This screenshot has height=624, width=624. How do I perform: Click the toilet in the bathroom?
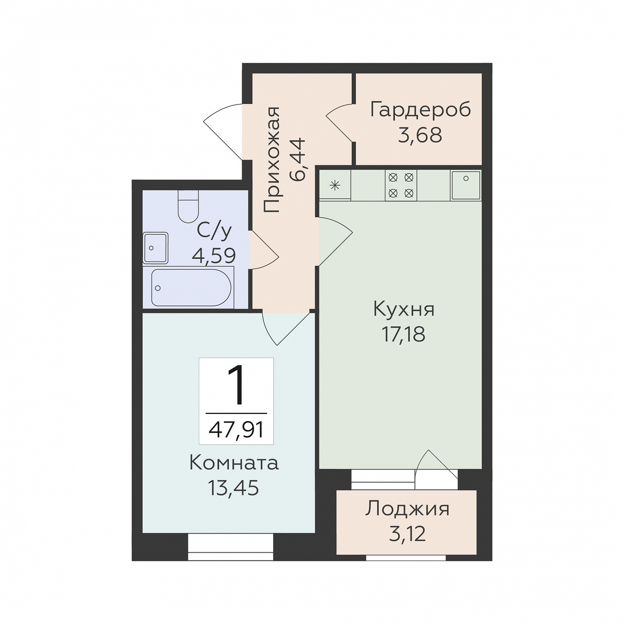pyautogui.click(x=188, y=206)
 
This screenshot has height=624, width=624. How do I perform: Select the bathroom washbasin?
pyautogui.click(x=155, y=248)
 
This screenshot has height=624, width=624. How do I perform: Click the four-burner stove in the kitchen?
pyautogui.click(x=401, y=185)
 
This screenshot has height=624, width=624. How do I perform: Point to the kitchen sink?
pyautogui.click(x=466, y=185)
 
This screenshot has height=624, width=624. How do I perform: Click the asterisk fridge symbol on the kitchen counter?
pyautogui.click(x=335, y=186)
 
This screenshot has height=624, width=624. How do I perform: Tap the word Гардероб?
pyautogui.click(x=420, y=109)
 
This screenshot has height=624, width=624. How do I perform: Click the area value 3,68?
pyautogui.click(x=420, y=135)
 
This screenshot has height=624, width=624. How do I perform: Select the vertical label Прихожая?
pyautogui.click(x=272, y=159)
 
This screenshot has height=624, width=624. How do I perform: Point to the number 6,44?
pyautogui.click(x=298, y=159)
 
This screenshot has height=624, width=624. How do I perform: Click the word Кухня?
pyautogui.click(x=404, y=309)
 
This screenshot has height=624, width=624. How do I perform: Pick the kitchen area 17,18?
pyautogui.click(x=403, y=334)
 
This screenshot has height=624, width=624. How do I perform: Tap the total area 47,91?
pyautogui.click(x=236, y=429)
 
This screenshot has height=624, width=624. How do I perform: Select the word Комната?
pyautogui.click(x=234, y=463)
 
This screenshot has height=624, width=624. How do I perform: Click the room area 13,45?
pyautogui.click(x=233, y=488)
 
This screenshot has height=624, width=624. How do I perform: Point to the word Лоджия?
pyautogui.click(x=407, y=508)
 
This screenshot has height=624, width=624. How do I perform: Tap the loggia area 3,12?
pyautogui.click(x=407, y=534)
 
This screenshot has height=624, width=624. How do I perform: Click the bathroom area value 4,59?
pyautogui.click(x=214, y=255)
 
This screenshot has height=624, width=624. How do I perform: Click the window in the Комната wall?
pyautogui.click(x=230, y=547)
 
